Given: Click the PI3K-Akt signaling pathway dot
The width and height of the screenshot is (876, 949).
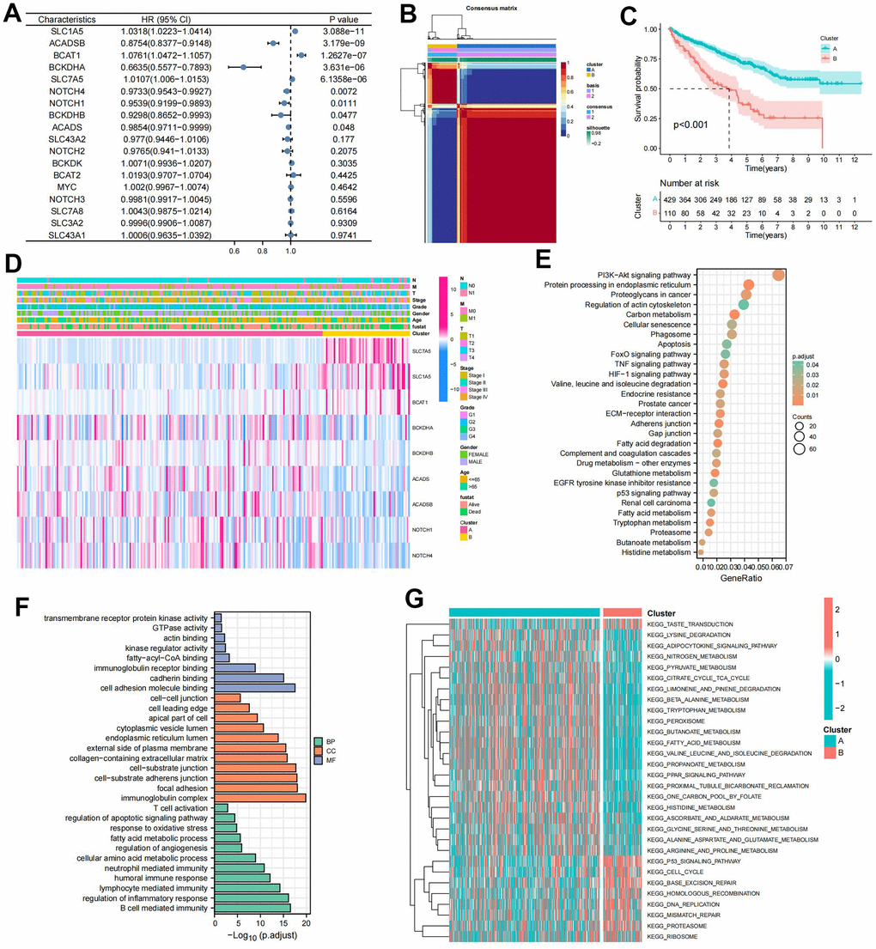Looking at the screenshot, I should point(778,275).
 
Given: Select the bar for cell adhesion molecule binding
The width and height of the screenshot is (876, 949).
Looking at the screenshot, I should point(254,688).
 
